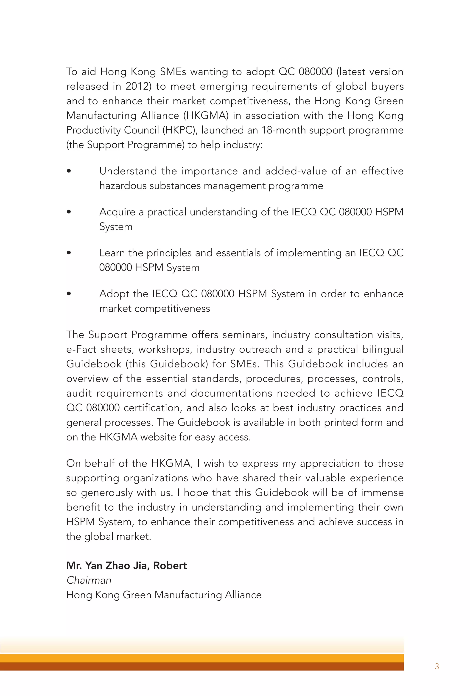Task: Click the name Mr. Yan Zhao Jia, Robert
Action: (126, 565)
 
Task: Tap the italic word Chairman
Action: (89, 580)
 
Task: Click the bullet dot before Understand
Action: (69, 171)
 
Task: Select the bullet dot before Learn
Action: (69, 253)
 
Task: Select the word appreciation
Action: (329, 463)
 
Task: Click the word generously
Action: (107, 493)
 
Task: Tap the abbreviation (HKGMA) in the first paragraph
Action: (206, 116)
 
